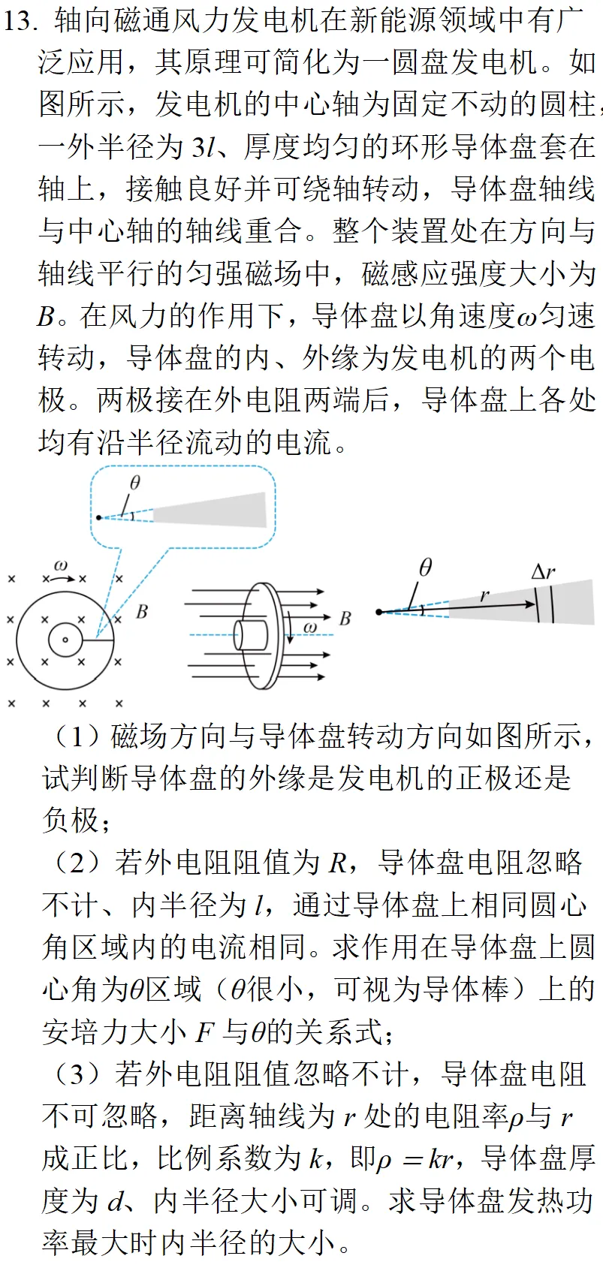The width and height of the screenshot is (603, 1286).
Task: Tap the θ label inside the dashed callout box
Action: (x=134, y=482)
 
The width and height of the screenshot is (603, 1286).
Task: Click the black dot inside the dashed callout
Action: (x=98, y=517)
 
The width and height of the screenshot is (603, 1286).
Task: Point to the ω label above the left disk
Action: (x=61, y=565)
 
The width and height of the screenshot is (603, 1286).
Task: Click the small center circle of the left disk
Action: (x=65, y=640)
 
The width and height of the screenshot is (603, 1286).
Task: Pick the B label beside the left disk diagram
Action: (x=142, y=612)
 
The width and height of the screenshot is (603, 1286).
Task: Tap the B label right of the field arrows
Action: (x=345, y=619)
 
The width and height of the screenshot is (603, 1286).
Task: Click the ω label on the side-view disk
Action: (x=309, y=627)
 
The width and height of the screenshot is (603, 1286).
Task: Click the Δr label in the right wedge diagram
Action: (x=543, y=572)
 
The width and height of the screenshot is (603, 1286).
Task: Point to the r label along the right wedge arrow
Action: (x=484, y=595)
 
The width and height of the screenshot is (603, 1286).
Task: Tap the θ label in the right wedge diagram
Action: (x=425, y=568)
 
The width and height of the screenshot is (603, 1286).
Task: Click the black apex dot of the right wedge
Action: (x=379, y=613)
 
